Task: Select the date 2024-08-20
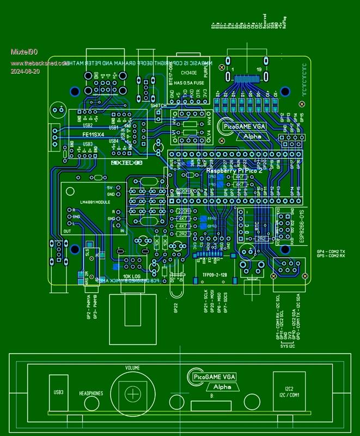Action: tap(25, 71)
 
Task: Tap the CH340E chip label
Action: tap(188, 72)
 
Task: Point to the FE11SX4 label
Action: tap(93, 134)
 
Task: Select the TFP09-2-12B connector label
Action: tap(215, 275)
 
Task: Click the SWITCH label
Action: tap(158, 105)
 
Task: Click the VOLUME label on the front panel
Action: tap(133, 368)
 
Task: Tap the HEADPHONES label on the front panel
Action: tap(91, 393)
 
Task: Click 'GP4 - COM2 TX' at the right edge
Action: tap(331, 251)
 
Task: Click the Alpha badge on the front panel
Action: tap(222, 387)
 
